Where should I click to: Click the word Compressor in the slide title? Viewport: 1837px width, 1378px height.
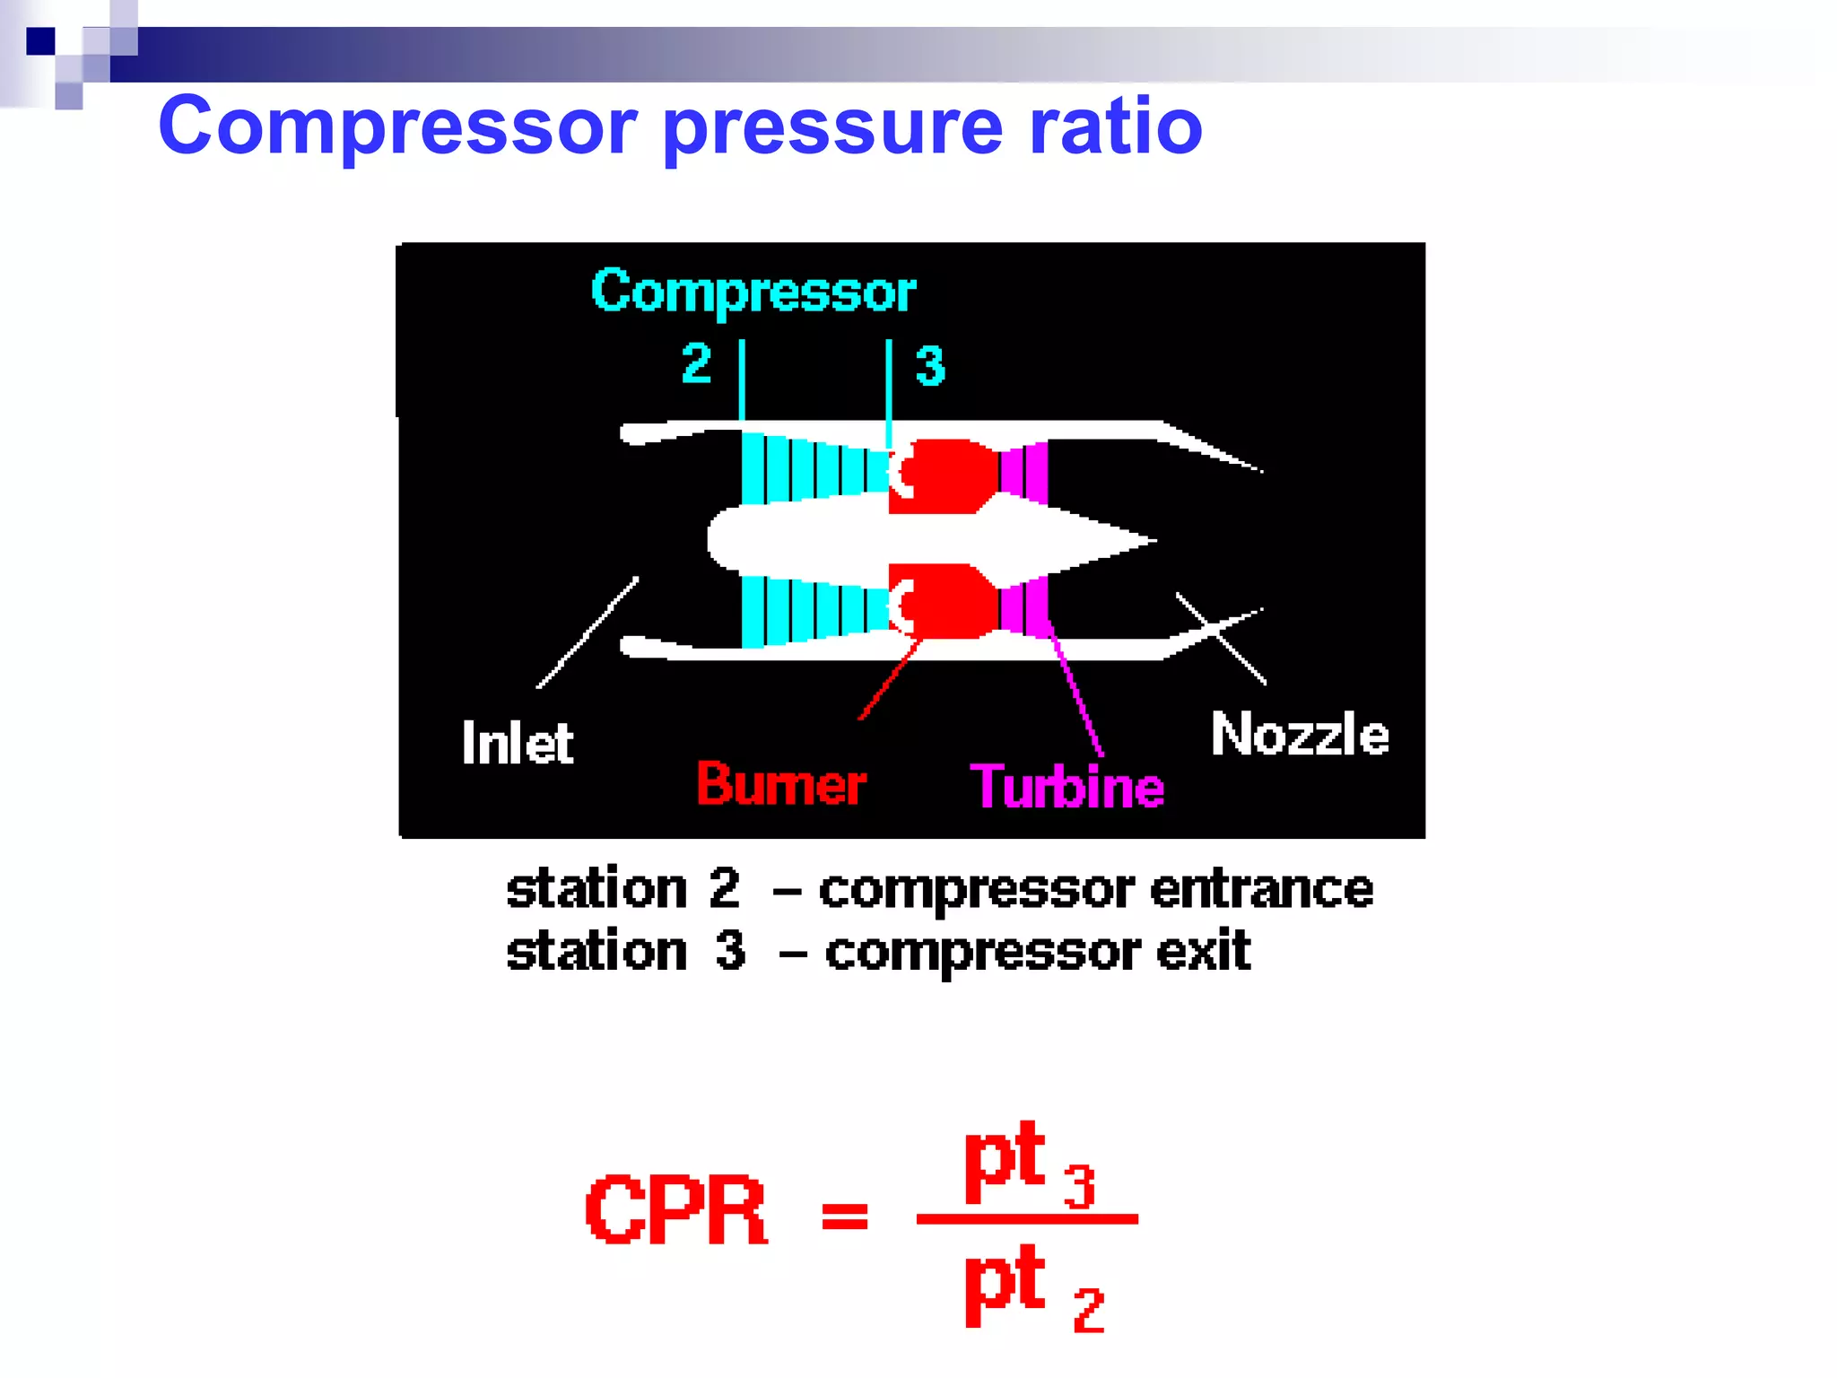coord(397,126)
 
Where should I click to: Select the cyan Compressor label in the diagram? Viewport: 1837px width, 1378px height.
coord(753,292)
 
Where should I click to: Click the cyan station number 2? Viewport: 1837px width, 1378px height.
coord(696,364)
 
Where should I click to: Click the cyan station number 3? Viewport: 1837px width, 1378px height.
coord(930,366)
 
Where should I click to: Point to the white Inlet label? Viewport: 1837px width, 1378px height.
coord(517,743)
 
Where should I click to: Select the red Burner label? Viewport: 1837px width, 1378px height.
coord(780,784)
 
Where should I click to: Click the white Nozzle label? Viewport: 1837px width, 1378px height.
coord(1300,735)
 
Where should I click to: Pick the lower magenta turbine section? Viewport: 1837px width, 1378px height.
coord(1024,606)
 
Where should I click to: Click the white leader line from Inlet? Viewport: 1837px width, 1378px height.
coord(588,632)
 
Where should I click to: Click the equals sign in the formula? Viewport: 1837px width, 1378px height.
coord(845,1217)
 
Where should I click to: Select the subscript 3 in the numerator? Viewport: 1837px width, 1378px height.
coord(1079,1187)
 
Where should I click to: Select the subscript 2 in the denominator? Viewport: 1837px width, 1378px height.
coord(1088,1311)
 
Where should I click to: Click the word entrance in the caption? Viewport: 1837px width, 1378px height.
coord(1261,889)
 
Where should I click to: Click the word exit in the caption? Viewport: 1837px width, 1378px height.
coord(1203,952)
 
